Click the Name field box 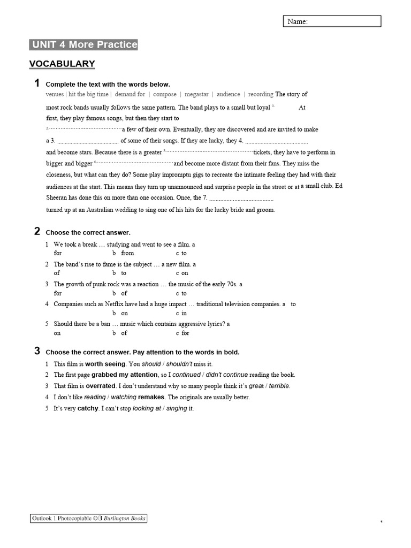pos(332,21)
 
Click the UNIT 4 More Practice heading pos(83,45)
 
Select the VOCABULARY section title pos(62,64)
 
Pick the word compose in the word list pos(165,94)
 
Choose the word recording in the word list pos(261,94)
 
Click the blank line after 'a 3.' pos(87,141)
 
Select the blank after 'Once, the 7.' pos(241,199)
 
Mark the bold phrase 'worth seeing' pos(105,364)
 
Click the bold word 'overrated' pos(101,386)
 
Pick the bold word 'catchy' pos(88,408)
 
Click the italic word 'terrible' pos(279,386)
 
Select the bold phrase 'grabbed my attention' pos(125,375)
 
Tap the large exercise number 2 pos(37,231)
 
